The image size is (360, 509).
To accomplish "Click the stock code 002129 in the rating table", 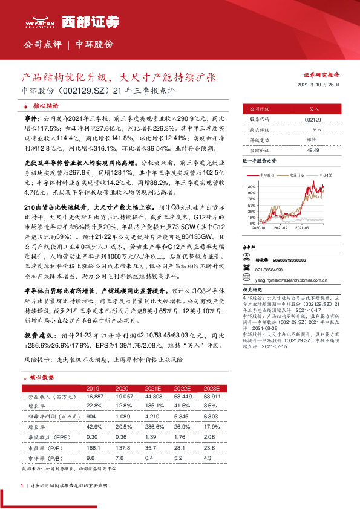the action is click(x=313, y=119).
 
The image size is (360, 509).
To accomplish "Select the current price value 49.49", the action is click(x=313, y=150).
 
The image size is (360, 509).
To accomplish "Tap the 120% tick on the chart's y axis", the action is click(x=251, y=187).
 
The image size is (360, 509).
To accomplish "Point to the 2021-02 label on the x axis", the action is click(x=281, y=228).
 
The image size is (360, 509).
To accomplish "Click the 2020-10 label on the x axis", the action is click(x=258, y=228).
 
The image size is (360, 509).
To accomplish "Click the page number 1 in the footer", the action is click(x=22, y=485).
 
